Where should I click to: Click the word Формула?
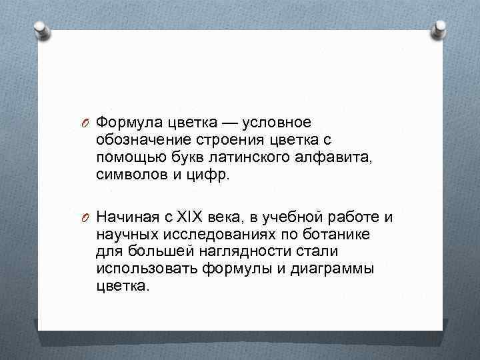pos(126,123)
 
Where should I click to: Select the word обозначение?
pos(140,141)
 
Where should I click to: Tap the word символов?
pos(126,175)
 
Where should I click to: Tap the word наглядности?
pos(233,251)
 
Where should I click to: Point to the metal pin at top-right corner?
pos(439,28)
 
